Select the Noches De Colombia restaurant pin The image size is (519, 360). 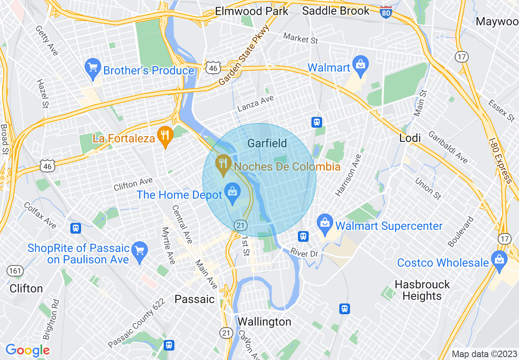click(223, 165)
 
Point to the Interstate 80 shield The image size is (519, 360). click(385, 11)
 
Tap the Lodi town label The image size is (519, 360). click(410, 138)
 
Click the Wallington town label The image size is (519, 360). click(264, 322)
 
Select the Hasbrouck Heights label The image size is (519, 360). click(422, 290)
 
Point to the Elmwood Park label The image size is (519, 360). click(252, 11)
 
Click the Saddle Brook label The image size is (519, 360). click(336, 11)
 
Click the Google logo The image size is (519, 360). click(27, 350)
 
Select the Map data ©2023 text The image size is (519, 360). click(484, 354)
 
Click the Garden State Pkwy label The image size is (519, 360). click(244, 55)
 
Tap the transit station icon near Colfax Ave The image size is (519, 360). click(75, 228)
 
